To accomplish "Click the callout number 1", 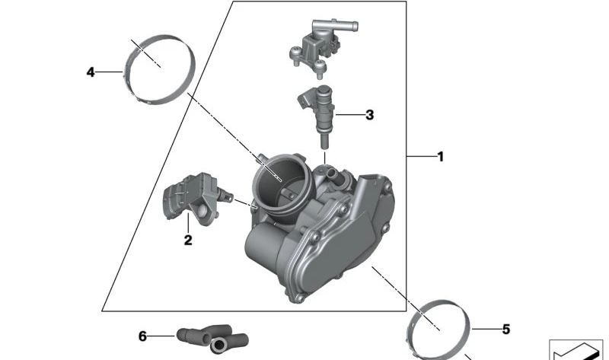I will point(440,157).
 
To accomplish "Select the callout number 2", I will point(187,241).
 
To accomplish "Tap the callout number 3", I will point(369,116).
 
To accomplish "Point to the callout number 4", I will point(91,72).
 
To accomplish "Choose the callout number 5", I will point(505,330).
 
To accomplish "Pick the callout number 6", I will point(142,336).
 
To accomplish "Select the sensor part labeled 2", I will point(186,200).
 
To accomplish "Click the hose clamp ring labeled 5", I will point(438,327).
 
